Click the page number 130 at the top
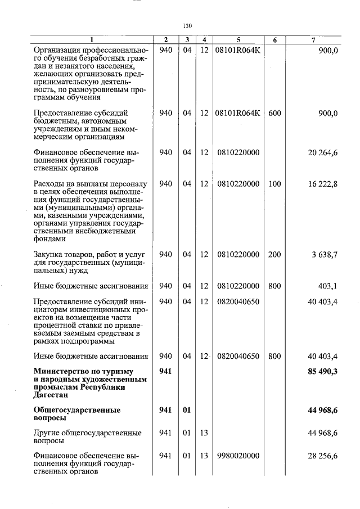(188, 26)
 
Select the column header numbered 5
(238, 40)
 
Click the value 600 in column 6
(274, 113)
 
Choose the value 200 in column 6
(274, 255)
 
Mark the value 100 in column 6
(274, 184)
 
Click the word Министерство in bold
(60, 371)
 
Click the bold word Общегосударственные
(77, 410)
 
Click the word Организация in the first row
(58, 50)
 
